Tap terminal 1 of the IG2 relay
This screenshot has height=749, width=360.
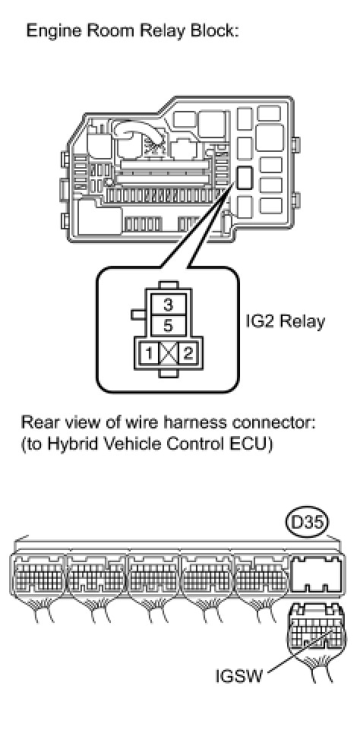150,354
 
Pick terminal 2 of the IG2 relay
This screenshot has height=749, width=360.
187,354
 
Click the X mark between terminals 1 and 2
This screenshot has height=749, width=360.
169,354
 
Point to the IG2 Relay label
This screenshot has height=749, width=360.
285,321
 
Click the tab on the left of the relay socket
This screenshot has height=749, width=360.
137,314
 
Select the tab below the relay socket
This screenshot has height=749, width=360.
169,373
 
